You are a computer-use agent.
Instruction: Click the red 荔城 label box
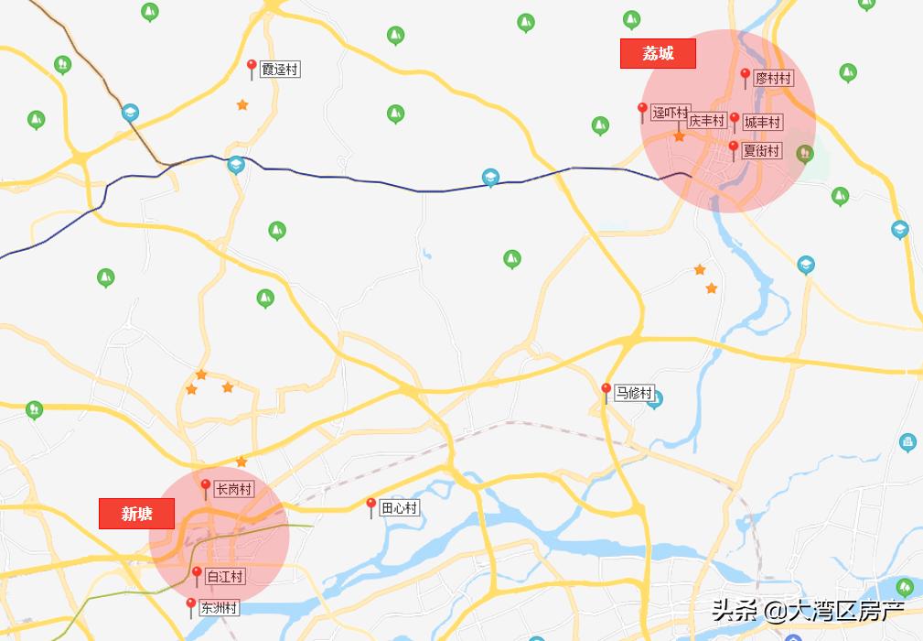click(658, 54)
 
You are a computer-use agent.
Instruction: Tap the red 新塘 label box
click(136, 514)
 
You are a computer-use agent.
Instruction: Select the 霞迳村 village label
click(279, 69)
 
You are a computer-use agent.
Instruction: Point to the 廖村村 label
click(773, 79)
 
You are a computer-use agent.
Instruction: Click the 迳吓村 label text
click(669, 114)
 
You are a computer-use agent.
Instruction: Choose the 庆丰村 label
click(706, 121)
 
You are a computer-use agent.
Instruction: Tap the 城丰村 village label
click(762, 122)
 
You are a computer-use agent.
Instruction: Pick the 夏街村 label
click(761, 150)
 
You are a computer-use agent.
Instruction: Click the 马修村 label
click(634, 394)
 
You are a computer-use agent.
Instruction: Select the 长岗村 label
click(233, 490)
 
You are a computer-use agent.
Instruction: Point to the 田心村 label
click(399, 507)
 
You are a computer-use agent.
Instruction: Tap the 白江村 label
click(225, 577)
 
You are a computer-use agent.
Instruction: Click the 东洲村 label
click(220, 608)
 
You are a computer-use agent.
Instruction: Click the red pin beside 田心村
click(371, 505)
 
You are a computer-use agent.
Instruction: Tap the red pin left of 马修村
click(606, 391)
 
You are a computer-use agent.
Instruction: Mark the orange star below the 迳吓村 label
click(679, 136)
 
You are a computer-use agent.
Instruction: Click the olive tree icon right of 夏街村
click(805, 153)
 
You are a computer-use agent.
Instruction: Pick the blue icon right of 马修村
click(654, 399)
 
